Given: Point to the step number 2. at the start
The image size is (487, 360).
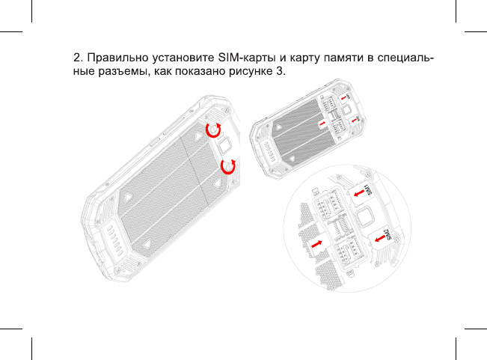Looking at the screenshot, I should (79, 58).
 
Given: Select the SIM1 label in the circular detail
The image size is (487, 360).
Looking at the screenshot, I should (367, 189).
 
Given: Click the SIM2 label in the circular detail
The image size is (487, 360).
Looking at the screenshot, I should (388, 235).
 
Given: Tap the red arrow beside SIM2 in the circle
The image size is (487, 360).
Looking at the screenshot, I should (380, 239).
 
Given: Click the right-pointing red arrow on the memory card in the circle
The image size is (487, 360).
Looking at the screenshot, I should (316, 244).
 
